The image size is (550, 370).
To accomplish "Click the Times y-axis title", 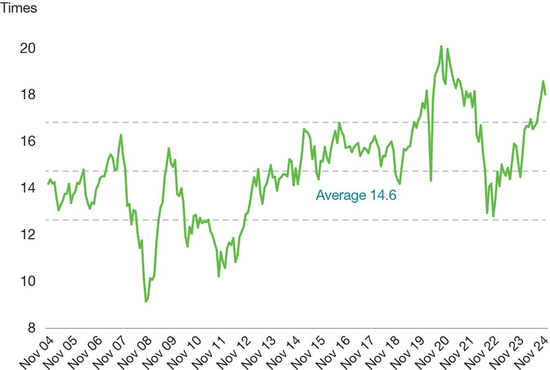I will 18,9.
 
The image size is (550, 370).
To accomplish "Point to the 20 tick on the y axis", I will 28,48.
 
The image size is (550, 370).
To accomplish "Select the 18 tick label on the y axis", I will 28,95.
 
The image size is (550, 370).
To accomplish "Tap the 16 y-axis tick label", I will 28,141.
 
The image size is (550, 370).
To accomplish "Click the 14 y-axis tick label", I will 28,188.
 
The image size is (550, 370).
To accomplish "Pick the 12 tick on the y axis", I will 28,235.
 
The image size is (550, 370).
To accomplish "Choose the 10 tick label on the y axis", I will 28,281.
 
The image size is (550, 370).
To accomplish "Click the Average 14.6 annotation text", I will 355,195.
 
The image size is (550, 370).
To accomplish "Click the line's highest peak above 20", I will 441,46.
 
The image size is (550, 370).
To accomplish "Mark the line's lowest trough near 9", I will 146,302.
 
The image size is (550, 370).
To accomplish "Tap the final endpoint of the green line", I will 545,94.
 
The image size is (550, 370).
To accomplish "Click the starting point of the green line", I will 48,184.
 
